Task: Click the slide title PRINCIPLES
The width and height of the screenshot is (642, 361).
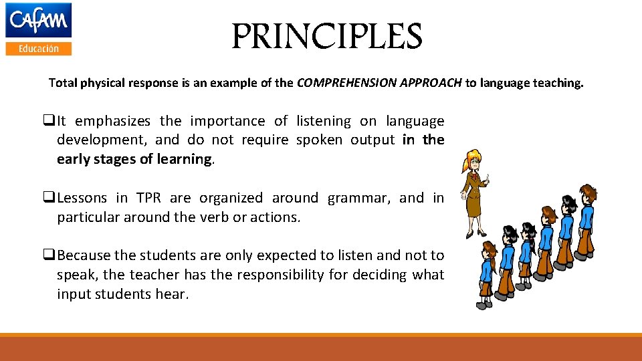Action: (x=327, y=37)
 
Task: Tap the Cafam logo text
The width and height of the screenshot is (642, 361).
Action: (x=38, y=20)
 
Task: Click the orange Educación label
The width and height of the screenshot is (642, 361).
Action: (x=38, y=48)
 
